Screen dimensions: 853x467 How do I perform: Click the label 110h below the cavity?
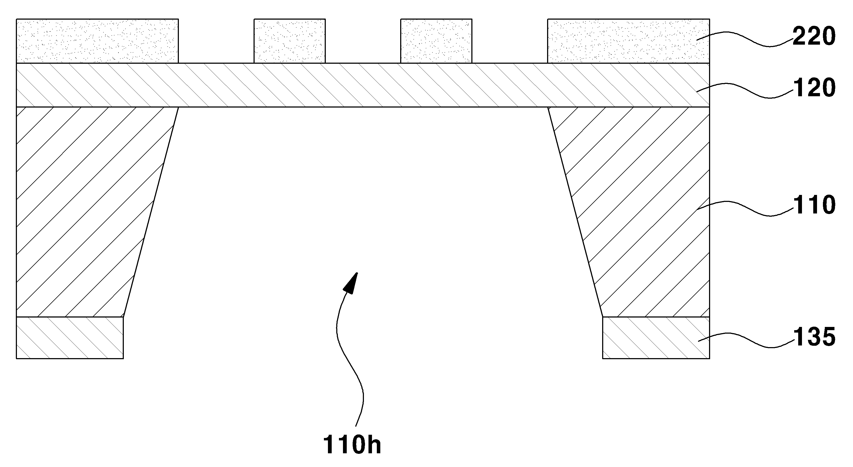pyautogui.click(x=352, y=444)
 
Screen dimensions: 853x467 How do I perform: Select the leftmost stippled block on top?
pyautogui.click(x=97, y=41)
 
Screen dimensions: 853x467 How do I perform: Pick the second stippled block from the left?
pyautogui.click(x=290, y=41)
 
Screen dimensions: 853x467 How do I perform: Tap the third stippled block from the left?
pyautogui.click(x=436, y=41)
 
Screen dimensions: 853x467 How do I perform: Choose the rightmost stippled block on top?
pyautogui.click(x=628, y=41)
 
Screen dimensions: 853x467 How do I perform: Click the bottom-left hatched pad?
pyautogui.click(x=70, y=337)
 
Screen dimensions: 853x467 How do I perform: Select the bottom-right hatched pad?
pyautogui.click(x=656, y=337)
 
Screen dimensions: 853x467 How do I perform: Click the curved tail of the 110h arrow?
pyautogui.click(x=348, y=358)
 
